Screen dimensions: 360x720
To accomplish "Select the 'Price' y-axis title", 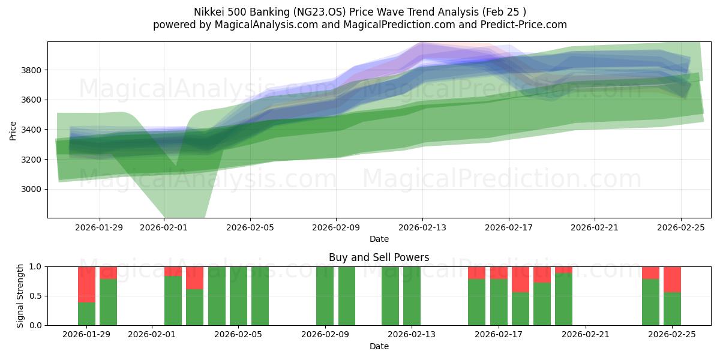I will pos(13,130).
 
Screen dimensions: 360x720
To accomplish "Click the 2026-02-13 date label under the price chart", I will pos(422,227).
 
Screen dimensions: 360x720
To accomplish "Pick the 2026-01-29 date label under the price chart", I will pos(100,227).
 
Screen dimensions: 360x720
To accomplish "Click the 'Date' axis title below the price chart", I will pos(379,239).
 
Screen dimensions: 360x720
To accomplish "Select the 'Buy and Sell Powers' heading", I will pos(379,257).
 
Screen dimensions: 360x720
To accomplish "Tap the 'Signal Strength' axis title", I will pos(20,296).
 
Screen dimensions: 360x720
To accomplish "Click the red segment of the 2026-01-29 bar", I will pos(86,284).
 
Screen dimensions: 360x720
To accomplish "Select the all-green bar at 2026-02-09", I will pos(325,296).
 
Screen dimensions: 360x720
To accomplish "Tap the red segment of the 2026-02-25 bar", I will pos(672,279).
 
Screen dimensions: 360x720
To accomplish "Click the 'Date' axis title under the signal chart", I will pos(379,346).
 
